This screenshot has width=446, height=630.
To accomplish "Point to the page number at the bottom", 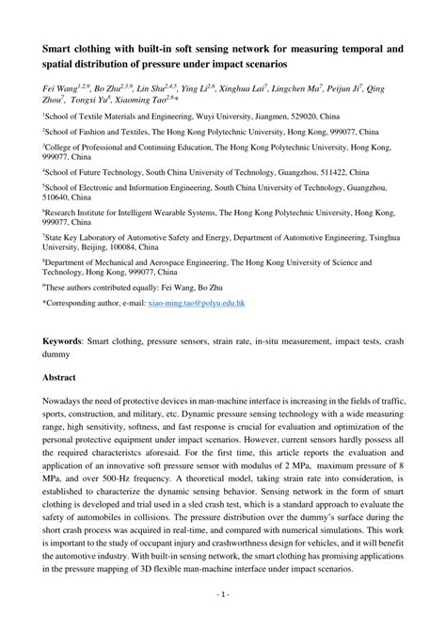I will click(223, 621).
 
